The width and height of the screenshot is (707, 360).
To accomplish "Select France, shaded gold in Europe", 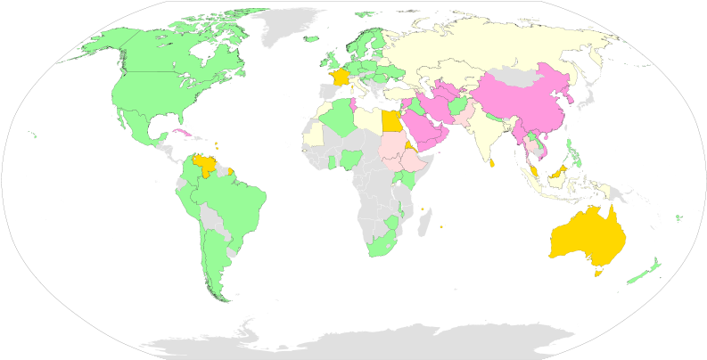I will [338, 78].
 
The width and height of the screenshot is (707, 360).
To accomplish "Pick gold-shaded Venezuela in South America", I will [205, 165].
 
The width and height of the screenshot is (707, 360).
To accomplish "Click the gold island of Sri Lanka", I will [491, 162].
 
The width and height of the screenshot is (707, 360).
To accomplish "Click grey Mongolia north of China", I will [522, 70].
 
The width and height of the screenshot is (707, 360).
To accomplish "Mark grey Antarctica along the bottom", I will [357, 343].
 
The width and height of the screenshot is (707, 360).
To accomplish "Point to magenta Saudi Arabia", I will [421, 131].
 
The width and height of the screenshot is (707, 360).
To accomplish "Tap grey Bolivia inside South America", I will [210, 217].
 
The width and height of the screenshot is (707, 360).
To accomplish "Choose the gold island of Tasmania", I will [599, 274].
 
